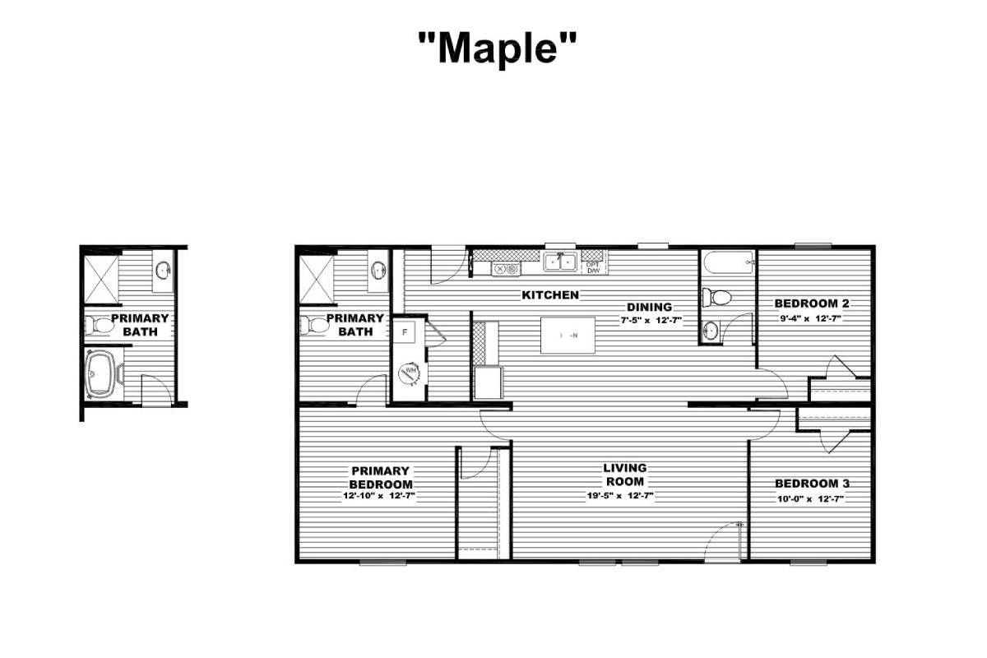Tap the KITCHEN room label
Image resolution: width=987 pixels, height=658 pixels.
550,294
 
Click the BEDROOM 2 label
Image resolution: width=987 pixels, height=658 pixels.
812,303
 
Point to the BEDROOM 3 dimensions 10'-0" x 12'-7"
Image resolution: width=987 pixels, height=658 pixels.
811,498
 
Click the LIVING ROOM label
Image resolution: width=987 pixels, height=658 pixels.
625,475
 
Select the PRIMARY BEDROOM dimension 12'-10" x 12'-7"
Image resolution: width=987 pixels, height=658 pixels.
380,497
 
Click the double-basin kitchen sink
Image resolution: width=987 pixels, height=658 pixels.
561,262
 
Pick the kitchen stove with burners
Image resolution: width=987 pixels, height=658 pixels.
504,268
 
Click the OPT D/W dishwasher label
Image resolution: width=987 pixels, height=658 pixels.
592,267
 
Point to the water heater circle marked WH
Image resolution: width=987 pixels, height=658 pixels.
409,373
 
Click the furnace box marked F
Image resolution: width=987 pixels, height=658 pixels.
405,333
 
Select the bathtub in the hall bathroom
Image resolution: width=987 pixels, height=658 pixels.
727,264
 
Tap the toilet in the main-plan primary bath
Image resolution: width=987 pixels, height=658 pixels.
313,325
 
